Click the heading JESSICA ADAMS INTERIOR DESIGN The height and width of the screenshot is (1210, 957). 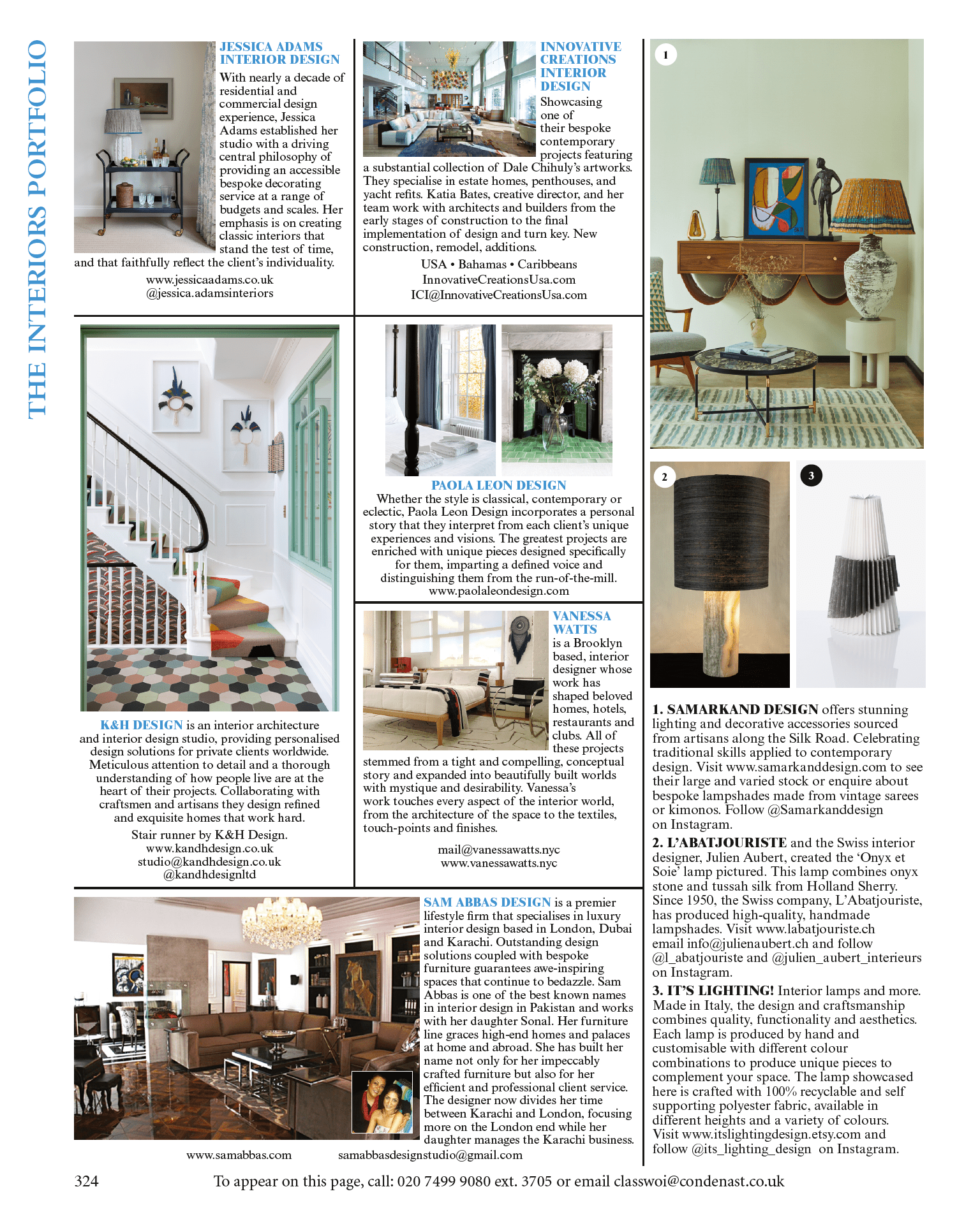coord(279,53)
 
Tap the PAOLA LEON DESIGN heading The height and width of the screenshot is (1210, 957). coord(498,485)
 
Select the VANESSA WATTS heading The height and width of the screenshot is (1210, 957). coord(581,622)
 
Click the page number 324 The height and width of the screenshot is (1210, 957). coord(86,1181)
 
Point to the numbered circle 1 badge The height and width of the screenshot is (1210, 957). coord(665,55)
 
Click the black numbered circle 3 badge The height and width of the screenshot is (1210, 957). coord(811,476)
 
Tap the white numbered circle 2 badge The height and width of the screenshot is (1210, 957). coord(664,477)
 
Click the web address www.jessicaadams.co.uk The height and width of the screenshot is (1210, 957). coord(209,280)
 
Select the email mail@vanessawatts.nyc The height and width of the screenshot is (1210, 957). coord(498,850)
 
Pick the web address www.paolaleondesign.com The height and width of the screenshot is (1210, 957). coord(498,591)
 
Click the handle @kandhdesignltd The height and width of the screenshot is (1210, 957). coord(209,875)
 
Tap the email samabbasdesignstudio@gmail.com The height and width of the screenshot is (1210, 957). coord(430,1155)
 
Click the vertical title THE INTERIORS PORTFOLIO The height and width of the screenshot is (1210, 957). coord(37,230)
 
